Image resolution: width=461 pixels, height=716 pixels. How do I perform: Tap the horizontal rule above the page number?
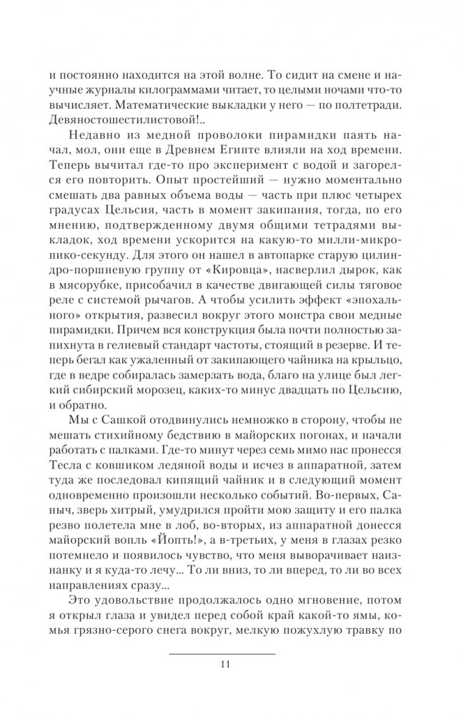222,654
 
